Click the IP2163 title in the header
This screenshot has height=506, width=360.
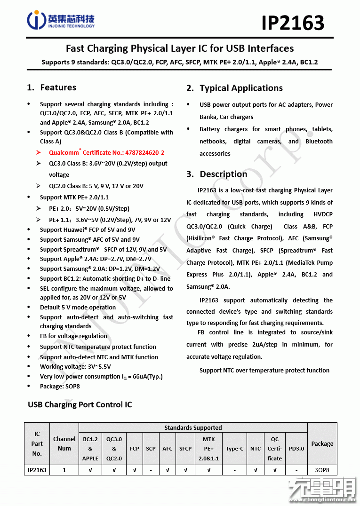293,23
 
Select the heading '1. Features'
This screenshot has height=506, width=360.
52,87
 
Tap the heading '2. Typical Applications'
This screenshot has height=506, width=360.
234,88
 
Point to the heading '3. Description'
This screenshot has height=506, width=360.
216,174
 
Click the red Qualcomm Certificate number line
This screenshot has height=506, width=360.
106,153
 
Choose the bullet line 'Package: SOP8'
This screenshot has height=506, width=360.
60,387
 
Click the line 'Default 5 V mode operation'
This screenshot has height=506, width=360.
78,308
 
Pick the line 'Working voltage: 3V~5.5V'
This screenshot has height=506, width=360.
75,366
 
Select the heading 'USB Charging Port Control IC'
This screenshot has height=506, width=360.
80,405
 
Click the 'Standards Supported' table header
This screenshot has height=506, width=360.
193,427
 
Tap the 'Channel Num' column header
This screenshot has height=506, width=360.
64,443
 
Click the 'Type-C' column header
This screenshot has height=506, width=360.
234,449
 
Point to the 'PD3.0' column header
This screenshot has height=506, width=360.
296,449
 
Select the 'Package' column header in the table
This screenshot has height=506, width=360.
322,443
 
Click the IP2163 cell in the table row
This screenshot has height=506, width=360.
37,469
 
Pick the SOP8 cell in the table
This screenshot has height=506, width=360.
322,469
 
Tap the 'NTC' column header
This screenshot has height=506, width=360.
256,449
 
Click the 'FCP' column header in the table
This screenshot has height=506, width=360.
135,449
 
